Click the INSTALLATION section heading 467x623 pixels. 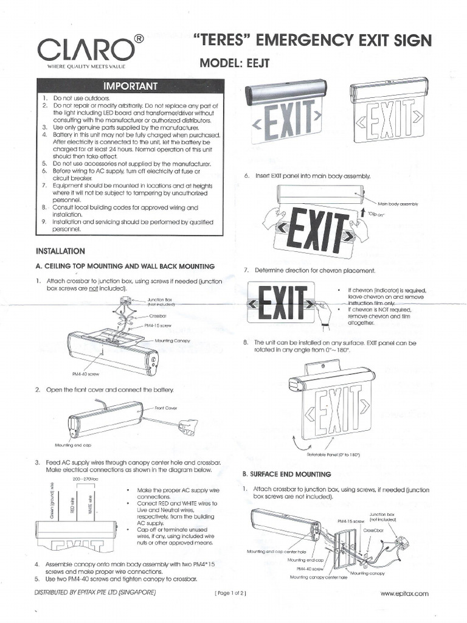(61, 251)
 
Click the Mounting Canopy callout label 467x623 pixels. (173, 341)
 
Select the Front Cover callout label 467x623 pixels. (165, 408)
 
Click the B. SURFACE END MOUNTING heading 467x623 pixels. (278, 474)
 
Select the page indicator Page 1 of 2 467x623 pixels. (231, 593)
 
